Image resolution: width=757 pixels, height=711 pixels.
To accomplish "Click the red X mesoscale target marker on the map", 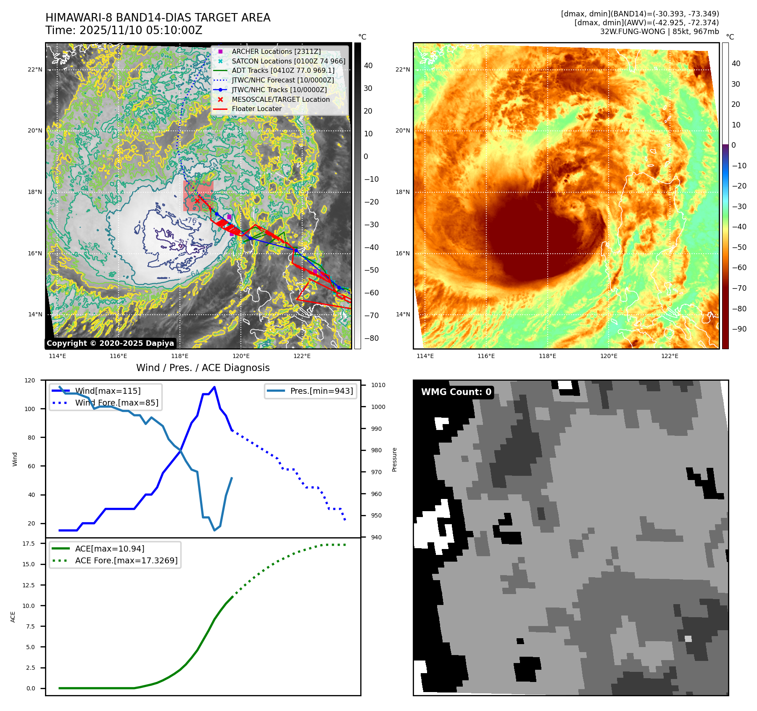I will pos(197,201).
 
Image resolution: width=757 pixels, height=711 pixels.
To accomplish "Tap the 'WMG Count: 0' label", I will pos(456,392).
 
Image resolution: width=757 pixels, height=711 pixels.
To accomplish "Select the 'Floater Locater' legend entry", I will pos(256,109).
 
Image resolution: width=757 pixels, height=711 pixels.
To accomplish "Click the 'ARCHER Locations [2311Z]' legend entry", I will pos(276,51).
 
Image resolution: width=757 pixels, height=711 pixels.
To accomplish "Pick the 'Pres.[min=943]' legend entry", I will pos(321,391).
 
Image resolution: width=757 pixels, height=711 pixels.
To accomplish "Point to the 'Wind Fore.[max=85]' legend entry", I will pos(116,403).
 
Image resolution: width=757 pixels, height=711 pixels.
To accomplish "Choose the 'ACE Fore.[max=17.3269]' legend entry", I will pos(126,560).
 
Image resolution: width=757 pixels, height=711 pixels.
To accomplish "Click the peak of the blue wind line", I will pos(214,387).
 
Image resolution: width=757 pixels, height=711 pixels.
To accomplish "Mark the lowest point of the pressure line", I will pos(214,530).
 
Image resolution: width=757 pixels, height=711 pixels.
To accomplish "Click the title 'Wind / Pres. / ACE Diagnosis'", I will pos(203,368).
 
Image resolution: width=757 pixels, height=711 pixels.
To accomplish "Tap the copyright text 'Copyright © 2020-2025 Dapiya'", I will pos(110,343).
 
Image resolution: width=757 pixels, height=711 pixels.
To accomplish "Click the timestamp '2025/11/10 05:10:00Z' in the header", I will pos(141,30).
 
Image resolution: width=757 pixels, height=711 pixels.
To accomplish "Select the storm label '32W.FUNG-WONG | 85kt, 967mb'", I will pos(659,32).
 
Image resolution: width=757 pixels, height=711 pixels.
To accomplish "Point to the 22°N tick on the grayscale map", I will pos(35,70).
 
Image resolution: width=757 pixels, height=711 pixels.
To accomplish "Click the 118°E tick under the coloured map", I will pos(547,356).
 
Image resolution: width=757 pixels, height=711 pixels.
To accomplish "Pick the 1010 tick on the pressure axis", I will pos(378,385).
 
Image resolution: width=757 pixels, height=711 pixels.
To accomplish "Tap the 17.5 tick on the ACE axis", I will pos(29,544).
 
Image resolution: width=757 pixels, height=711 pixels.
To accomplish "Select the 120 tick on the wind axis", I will pos(30,380).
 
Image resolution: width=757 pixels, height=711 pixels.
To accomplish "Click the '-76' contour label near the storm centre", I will pos(191,220).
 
